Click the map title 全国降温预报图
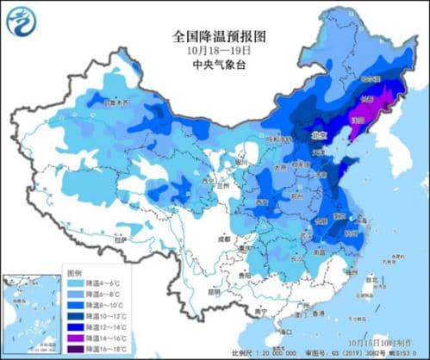215,36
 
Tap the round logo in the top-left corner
23,23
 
